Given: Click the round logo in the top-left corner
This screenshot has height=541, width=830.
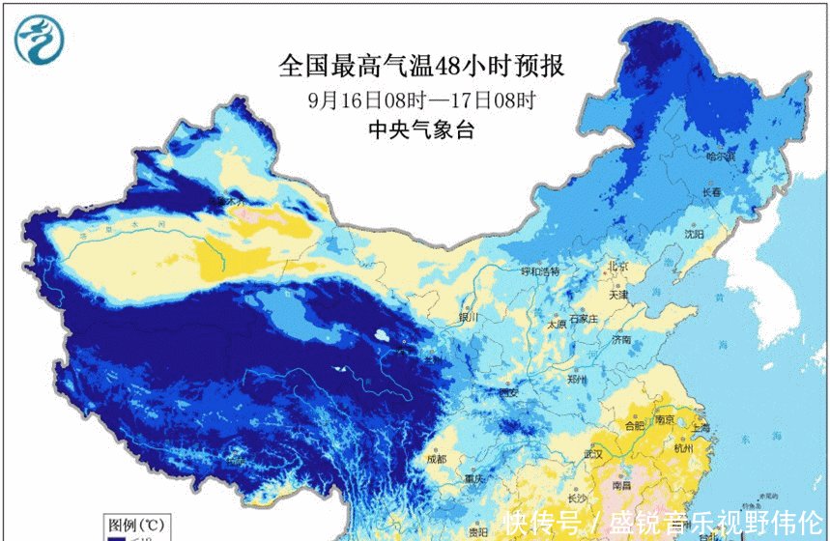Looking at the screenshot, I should pyautogui.click(x=41, y=40).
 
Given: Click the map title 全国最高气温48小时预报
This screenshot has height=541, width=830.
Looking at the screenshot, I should pyautogui.click(x=420, y=67).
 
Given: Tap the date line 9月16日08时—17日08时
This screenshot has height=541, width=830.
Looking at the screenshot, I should pyautogui.click(x=422, y=100).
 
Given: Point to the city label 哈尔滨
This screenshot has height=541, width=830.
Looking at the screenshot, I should pyautogui.click(x=721, y=156).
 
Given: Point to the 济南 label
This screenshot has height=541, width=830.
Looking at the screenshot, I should pyautogui.click(x=621, y=340).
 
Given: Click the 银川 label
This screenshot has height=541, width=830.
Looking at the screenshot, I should pyautogui.click(x=468, y=317).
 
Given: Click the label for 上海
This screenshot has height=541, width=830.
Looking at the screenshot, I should pyautogui.click(x=700, y=428).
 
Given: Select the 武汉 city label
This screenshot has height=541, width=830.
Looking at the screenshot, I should pyautogui.click(x=592, y=453).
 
